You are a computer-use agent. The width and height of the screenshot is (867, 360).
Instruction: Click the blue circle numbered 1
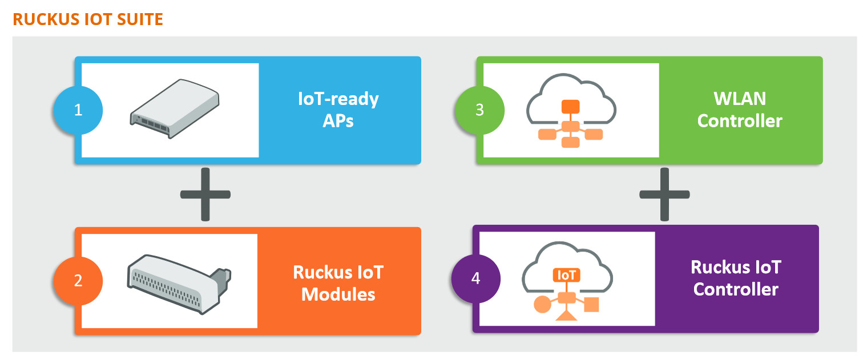78,110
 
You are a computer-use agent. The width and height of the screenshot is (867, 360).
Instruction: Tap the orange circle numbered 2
78,281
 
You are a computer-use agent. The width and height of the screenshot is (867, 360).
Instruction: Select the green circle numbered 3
479,110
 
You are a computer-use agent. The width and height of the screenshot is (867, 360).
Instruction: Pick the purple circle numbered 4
476,279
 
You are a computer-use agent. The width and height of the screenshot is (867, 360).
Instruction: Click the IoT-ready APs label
338,110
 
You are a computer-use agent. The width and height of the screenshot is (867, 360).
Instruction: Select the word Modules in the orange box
338,294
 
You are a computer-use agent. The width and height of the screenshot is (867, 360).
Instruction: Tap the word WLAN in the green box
739,98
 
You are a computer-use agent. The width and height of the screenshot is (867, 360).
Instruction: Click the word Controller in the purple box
736,289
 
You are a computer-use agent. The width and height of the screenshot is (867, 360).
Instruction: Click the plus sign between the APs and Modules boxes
205,195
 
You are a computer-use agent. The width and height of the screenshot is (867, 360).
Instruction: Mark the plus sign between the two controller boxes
664,195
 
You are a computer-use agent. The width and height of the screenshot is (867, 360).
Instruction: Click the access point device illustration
174,108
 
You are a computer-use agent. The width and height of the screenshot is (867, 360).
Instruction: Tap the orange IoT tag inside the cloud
567,275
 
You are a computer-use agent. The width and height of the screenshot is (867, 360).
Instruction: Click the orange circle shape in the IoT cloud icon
542,304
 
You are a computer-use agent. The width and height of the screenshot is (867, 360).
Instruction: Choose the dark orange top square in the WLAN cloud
570,107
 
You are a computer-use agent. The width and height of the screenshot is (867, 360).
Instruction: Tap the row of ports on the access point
153,126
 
